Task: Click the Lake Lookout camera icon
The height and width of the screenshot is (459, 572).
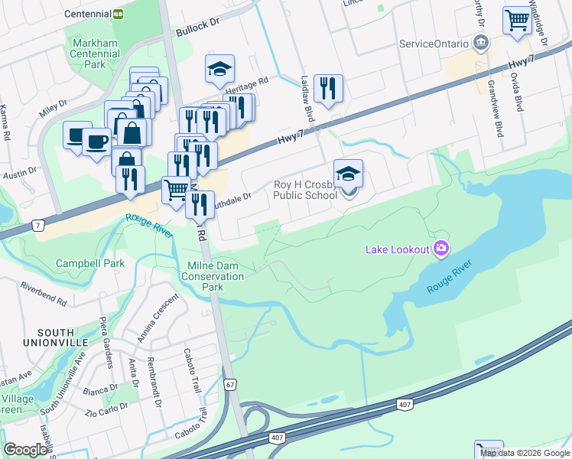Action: (440, 248)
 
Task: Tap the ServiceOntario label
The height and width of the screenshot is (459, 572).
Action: (433, 44)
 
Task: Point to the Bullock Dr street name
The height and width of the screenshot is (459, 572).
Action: (197, 24)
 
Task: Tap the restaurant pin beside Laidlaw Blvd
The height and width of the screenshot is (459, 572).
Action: (328, 88)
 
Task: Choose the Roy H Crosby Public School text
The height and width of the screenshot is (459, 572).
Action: (305, 190)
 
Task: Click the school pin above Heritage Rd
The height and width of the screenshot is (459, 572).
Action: (219, 69)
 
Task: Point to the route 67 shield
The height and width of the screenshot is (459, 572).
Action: (230, 385)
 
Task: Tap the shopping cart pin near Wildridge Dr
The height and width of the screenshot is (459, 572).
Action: (517, 20)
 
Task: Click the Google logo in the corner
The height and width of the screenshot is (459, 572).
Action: (25, 449)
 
